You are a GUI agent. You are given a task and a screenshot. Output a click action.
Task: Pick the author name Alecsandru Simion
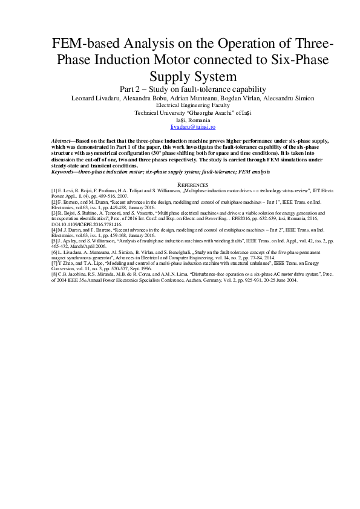point(265,98)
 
